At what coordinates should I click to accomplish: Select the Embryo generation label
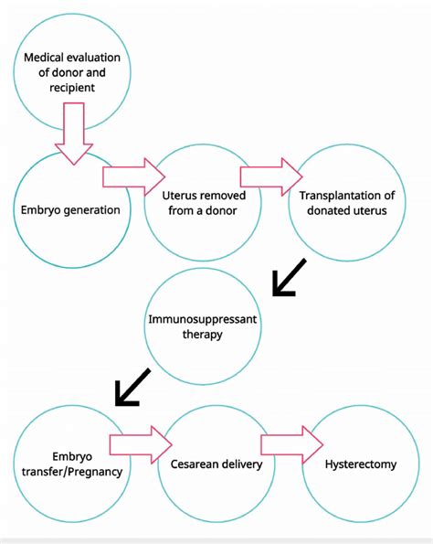click(x=70, y=209)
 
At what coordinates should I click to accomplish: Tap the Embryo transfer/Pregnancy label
click(x=70, y=464)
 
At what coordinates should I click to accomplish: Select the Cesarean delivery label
click(x=216, y=464)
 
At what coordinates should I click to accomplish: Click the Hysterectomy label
click(x=360, y=464)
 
